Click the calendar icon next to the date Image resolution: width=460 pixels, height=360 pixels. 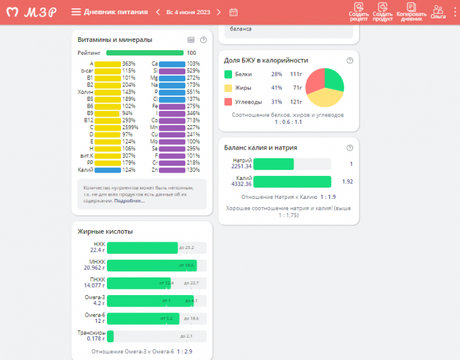(x=233, y=12)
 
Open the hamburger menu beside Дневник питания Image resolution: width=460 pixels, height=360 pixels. (x=76, y=12)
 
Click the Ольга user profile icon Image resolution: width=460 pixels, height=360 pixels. (x=438, y=11)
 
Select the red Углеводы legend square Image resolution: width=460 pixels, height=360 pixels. (x=228, y=102)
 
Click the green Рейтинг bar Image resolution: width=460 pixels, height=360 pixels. (x=145, y=52)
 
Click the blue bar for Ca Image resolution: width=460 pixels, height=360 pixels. (x=172, y=64)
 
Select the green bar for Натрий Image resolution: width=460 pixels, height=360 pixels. (x=273, y=164)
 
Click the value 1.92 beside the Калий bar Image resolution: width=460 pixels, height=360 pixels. (x=348, y=181)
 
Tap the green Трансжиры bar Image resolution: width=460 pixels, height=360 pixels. (x=110, y=336)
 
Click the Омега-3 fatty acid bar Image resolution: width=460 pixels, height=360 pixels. (x=149, y=300)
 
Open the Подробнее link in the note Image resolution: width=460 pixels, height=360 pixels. (x=129, y=201)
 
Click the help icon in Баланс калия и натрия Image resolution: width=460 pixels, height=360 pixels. (x=350, y=148)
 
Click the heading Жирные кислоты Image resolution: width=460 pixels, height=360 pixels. (x=105, y=231)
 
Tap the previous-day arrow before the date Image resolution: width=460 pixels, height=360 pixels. (x=158, y=12)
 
